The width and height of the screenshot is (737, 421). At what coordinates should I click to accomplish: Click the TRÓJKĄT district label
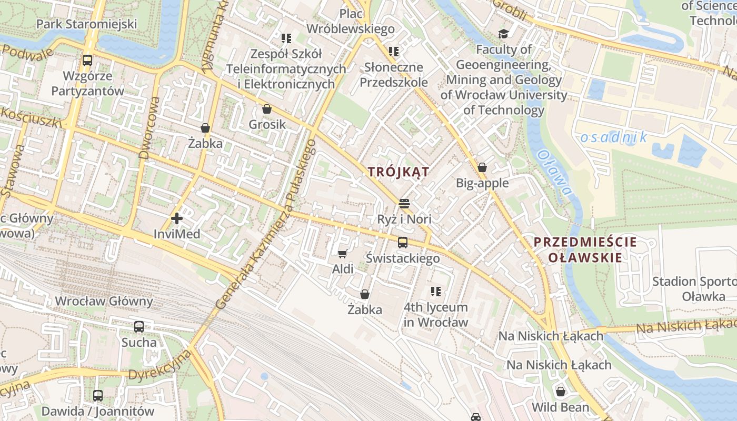[x=399, y=172]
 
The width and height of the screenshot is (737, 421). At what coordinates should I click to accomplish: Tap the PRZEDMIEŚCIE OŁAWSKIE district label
[x=585, y=250]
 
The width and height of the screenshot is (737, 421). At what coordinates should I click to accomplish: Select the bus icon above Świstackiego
[x=403, y=243]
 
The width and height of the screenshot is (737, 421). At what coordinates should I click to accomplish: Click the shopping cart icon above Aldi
[x=342, y=254]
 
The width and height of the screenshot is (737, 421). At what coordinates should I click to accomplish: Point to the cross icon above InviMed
[x=177, y=218]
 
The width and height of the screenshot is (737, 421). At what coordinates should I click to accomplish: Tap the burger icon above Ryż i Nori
[x=404, y=204]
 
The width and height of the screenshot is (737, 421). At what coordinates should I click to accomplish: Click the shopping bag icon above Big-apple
[x=482, y=168]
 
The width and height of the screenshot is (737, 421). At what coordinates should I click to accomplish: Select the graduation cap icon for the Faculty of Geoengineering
[x=503, y=34]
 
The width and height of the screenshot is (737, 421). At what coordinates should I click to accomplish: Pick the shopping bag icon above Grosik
[x=267, y=109]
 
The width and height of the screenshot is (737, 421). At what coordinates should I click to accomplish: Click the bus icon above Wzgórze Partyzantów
[x=87, y=61]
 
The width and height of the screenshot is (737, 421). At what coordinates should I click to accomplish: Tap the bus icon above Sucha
[x=139, y=327]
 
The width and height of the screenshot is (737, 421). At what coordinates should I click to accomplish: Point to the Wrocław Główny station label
[x=104, y=302]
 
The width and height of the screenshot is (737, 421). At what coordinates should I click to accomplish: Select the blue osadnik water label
[x=613, y=138]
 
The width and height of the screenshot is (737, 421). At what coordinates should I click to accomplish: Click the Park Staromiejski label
[x=87, y=24]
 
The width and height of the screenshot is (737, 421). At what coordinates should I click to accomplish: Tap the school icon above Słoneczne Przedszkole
[x=394, y=52]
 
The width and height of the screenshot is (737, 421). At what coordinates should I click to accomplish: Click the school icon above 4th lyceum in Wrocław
[x=435, y=292]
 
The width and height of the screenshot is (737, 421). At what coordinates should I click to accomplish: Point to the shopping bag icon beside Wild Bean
[x=561, y=392]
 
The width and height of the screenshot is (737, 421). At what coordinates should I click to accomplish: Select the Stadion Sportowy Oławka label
[x=694, y=288]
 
